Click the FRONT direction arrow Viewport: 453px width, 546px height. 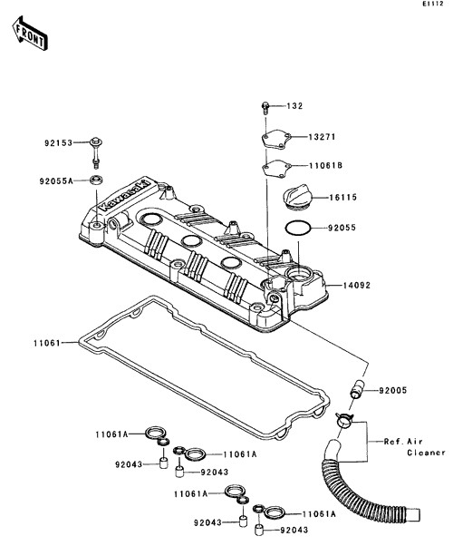tap(30, 33)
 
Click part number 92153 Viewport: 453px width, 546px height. tap(58, 142)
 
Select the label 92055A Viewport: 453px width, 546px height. tap(56, 180)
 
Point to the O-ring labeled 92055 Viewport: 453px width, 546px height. tap(298, 228)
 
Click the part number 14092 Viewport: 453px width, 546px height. tap(357, 286)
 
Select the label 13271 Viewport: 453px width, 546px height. tap(323, 137)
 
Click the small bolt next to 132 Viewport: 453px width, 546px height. tap(265, 108)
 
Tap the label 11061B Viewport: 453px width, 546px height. tap(325, 165)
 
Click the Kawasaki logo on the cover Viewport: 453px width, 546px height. tap(124, 195)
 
